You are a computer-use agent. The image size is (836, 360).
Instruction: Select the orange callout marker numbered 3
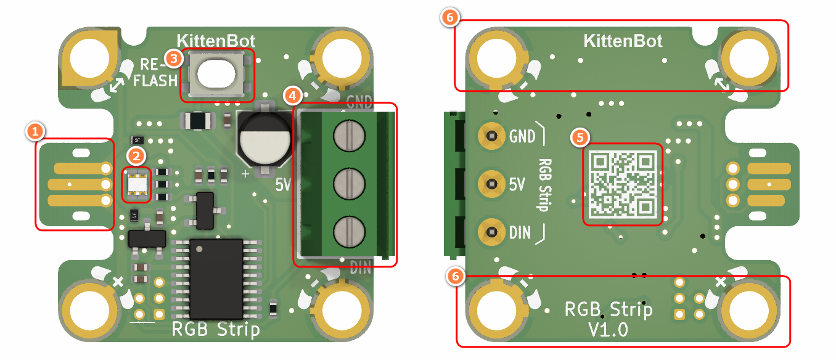(x=174, y=59)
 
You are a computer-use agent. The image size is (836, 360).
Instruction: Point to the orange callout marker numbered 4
(x=293, y=96)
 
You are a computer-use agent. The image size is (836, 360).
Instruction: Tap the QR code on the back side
(x=622, y=184)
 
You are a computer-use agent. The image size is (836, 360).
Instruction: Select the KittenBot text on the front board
(x=216, y=41)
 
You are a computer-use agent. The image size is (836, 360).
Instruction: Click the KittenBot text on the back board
(x=623, y=41)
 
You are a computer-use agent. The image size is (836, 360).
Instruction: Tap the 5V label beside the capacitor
(x=282, y=184)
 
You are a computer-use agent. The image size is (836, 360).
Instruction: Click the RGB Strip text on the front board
(x=216, y=330)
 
